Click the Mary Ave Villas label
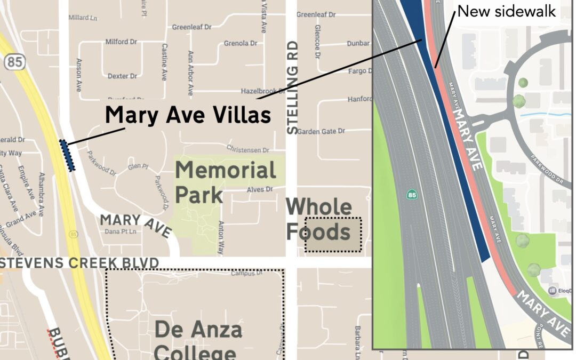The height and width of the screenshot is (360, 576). (x=187, y=115)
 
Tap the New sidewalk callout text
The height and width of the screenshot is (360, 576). (x=507, y=11)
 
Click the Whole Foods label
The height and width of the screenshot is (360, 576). (x=319, y=219)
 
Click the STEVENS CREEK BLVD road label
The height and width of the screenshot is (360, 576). (x=80, y=263)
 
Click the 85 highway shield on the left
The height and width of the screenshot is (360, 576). (x=15, y=62)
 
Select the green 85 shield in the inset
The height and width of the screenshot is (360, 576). (x=412, y=195)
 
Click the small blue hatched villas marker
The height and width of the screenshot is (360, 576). (x=68, y=155)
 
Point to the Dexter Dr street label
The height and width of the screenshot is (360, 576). (x=122, y=76)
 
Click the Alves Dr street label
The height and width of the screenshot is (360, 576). (x=260, y=189)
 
